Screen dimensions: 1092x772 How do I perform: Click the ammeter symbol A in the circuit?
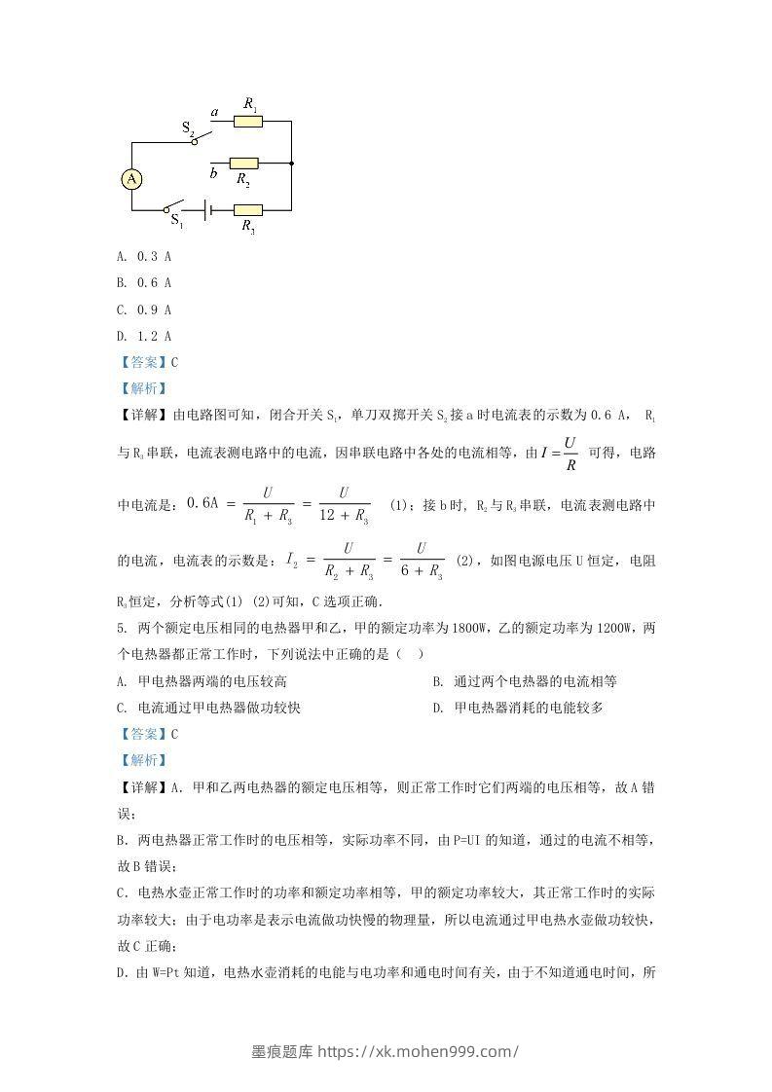[x=131, y=178]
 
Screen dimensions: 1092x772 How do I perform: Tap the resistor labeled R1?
[x=248, y=122]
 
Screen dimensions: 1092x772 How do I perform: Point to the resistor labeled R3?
[x=247, y=209]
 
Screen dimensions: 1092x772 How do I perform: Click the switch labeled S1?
[x=173, y=208]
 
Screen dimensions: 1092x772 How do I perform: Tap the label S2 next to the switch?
[x=188, y=127]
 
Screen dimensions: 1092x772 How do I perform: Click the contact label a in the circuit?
[x=214, y=113]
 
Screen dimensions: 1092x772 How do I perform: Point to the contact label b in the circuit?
[x=213, y=173]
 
